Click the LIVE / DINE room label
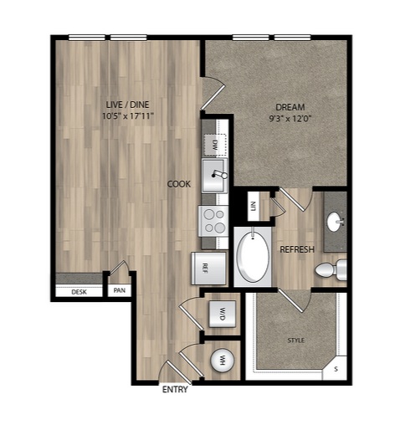(127, 105)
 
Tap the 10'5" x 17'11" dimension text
(128, 115)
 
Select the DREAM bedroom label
(290, 107)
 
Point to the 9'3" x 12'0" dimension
(290, 119)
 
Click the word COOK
(179, 184)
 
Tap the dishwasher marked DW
(214, 145)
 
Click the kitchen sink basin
(214, 176)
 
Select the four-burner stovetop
(213, 221)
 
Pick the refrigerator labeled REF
(208, 269)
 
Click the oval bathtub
(253, 257)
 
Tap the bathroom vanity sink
(334, 222)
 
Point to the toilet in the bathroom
(331, 270)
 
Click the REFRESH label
(297, 249)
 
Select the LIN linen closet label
(254, 206)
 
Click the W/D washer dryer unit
(223, 314)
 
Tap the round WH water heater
(223, 360)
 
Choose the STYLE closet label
(296, 340)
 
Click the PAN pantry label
(120, 290)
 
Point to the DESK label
(79, 292)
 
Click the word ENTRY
(175, 389)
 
